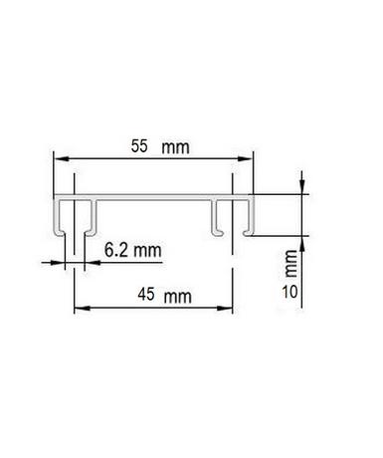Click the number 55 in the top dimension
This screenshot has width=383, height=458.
pos(139,146)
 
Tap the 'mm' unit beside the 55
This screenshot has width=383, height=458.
pos(175,147)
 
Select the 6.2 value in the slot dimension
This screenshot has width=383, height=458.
pos(116,250)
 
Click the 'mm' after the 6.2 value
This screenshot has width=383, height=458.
pos(147,251)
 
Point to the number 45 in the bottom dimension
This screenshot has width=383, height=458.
pos(146,295)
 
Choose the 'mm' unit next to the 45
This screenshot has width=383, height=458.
pos(178,297)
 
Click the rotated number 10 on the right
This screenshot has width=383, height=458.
pos(289,292)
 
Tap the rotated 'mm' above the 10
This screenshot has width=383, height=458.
pos(290,264)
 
